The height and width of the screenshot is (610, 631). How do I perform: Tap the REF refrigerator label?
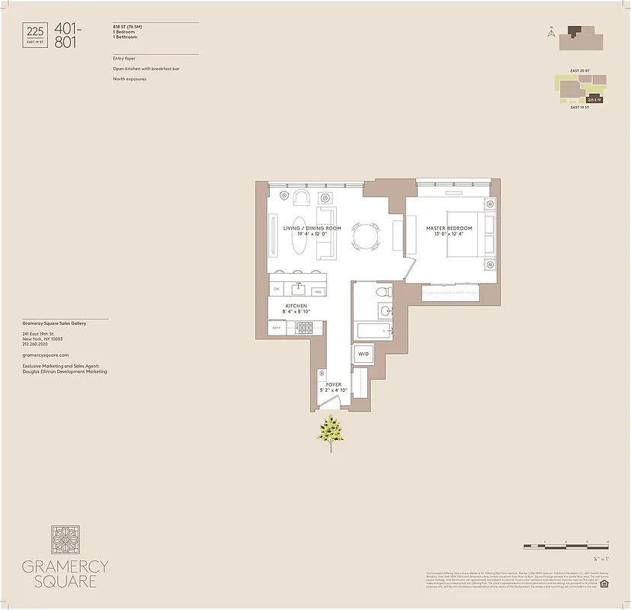click(x=276, y=328)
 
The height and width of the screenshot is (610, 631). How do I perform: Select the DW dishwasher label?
click(x=277, y=290)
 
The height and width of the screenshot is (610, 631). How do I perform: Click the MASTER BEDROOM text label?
click(x=449, y=228)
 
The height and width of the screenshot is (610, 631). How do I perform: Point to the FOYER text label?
click(x=334, y=385)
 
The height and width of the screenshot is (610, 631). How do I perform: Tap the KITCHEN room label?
click(x=296, y=306)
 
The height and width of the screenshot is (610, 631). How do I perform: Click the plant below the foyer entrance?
click(x=331, y=432)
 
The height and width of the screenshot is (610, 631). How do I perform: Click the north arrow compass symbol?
click(x=550, y=32)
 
